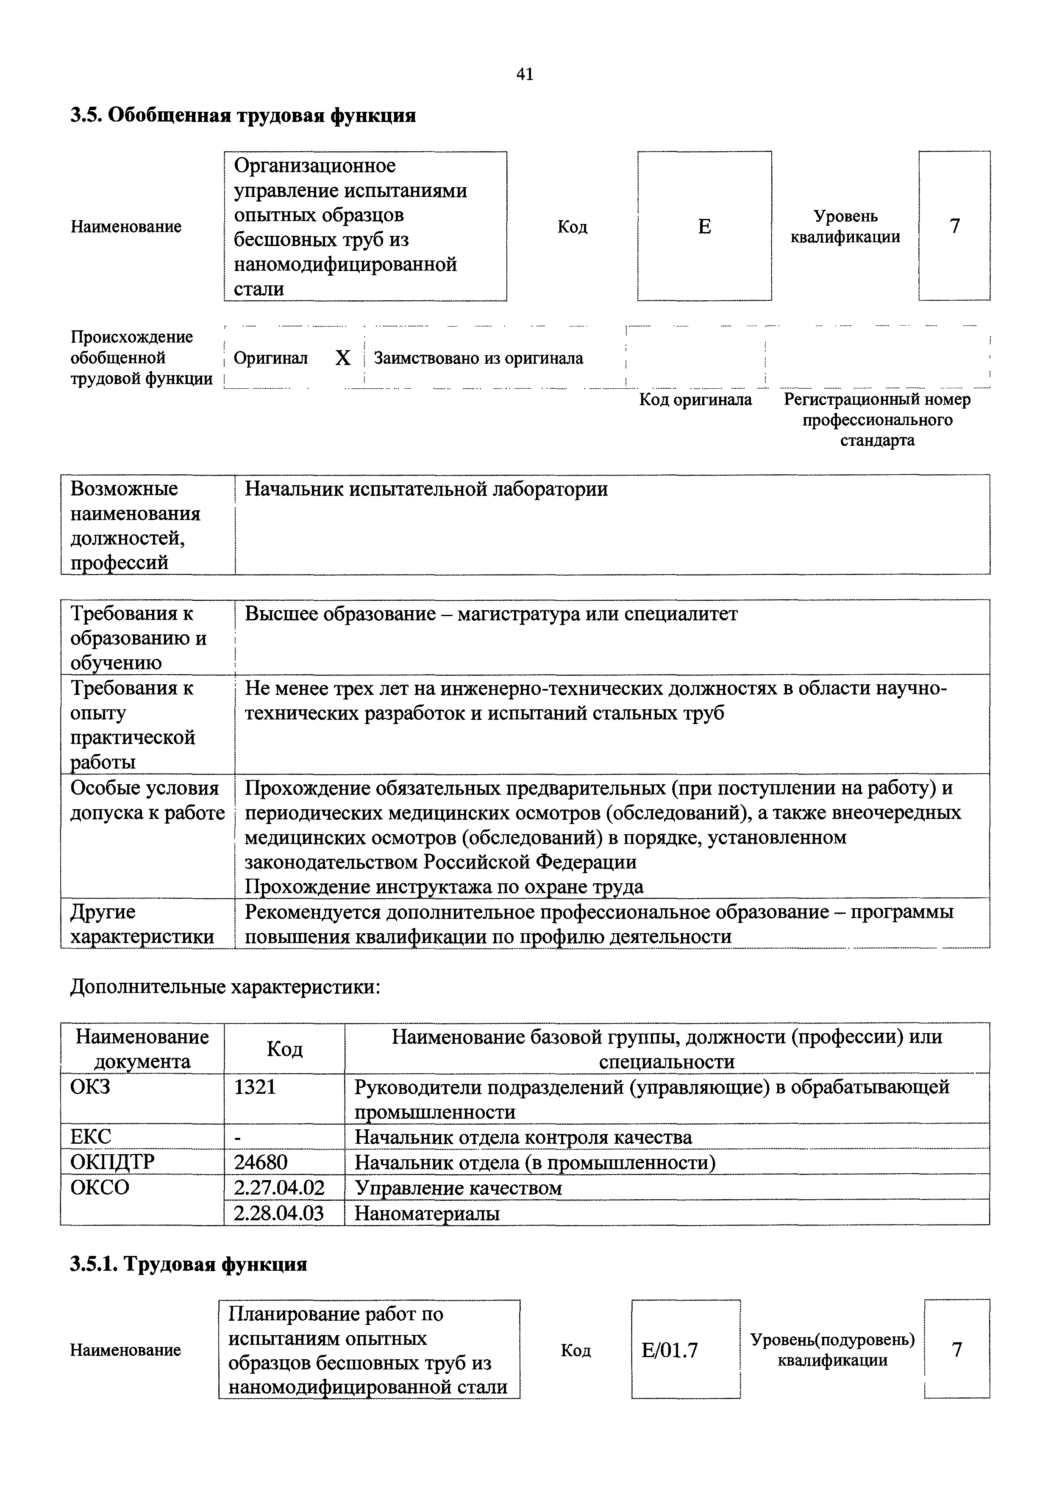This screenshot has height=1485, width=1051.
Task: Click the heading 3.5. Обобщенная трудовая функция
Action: point(243,115)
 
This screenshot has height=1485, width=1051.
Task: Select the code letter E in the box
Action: point(704,227)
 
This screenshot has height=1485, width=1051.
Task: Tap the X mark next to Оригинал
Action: point(342,358)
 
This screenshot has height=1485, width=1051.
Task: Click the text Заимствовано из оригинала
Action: point(478,358)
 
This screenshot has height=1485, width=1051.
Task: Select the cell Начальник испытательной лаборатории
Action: point(426,489)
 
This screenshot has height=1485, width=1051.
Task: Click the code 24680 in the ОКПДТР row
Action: point(260,1162)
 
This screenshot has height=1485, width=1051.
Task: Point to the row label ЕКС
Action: point(91,1137)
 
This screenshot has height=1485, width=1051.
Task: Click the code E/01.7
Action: point(670,1350)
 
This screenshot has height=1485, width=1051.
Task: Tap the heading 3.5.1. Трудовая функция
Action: point(188,1264)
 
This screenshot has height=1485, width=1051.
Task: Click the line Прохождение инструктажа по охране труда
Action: point(444,886)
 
